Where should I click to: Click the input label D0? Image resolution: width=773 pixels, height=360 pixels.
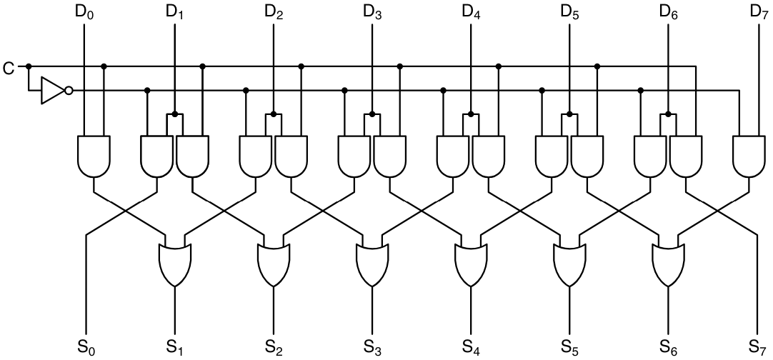[x=85, y=12]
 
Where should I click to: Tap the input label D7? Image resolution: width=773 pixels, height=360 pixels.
[x=758, y=12]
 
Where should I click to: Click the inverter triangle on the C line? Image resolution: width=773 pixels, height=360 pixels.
[x=51, y=91]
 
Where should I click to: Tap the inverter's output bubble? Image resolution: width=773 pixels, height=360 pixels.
[x=69, y=91]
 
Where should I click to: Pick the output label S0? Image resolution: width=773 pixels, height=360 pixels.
[x=85, y=347]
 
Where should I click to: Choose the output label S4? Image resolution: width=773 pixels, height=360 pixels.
[x=470, y=347]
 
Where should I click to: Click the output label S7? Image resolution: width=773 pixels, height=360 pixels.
[x=758, y=347]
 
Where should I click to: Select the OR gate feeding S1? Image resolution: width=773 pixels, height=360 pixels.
[x=174, y=264]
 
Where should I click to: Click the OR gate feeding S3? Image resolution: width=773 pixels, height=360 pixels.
[x=372, y=264]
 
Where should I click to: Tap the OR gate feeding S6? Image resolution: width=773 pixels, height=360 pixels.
[x=669, y=264]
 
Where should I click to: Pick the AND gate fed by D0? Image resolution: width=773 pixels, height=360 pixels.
[x=94, y=156]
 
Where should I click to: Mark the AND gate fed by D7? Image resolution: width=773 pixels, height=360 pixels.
[x=749, y=156]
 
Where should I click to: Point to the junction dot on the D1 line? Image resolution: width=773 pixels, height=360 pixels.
[x=175, y=114]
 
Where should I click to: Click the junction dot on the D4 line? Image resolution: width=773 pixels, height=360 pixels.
[x=471, y=114]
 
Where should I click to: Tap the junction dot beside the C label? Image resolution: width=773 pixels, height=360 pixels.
[x=29, y=66]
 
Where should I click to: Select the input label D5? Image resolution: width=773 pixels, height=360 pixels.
[x=569, y=12]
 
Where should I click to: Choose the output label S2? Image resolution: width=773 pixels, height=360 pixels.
[x=273, y=347]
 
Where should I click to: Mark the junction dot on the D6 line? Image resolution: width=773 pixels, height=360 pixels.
[x=668, y=114]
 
